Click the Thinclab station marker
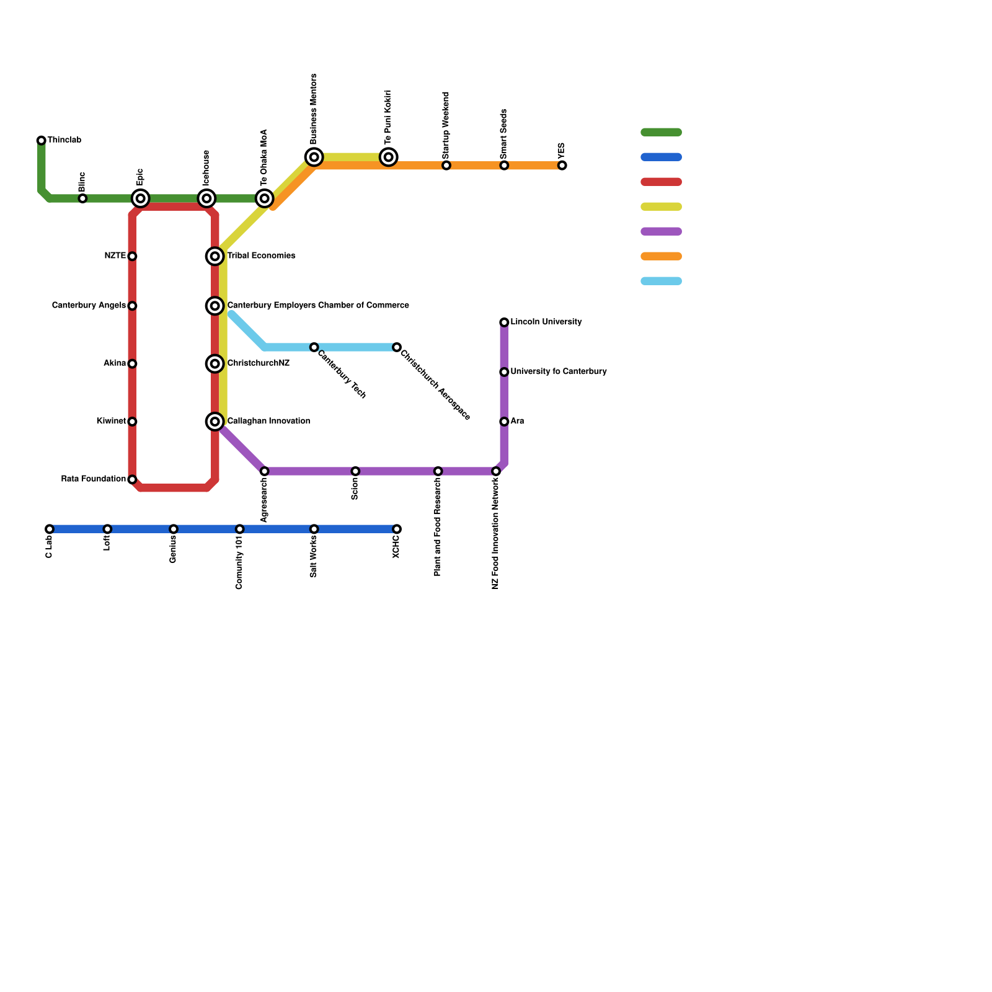42,141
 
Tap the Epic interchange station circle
141,198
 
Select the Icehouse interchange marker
207,198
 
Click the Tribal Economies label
261,256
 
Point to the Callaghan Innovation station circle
215,422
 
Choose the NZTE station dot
132,256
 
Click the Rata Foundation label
94,479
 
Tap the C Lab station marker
50,529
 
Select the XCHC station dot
397,529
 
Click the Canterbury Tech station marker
314,347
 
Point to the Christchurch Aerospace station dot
397,347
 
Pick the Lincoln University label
546,322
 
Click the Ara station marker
504,422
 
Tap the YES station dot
562,166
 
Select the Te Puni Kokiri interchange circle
389,157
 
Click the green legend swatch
661,132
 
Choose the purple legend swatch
661,231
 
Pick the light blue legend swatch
661,281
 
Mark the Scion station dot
355,471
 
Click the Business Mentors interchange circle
314,157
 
